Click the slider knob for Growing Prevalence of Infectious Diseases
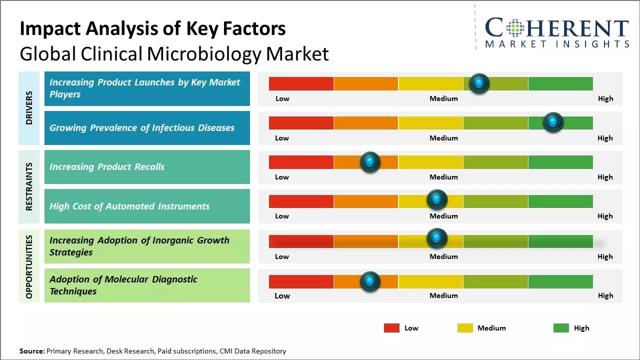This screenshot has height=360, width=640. tap(553, 122)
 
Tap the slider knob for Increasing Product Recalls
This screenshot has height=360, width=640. tap(370, 162)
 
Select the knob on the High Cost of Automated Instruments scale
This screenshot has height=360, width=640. tap(437, 200)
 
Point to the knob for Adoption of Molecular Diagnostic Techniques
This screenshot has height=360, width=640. tap(370, 282)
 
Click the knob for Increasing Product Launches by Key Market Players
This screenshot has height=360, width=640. tap(479, 83)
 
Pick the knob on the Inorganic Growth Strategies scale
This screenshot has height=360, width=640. tap(437, 238)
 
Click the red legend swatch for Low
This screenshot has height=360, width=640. tap(391, 328)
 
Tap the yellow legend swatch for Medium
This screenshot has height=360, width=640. tap(465, 328)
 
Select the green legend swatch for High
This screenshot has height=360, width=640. tap(561, 328)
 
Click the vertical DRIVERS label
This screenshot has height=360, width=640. tap(29, 108)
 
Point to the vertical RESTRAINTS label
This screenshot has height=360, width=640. tap(29, 186)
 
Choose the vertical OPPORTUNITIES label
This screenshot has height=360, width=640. tap(29, 266)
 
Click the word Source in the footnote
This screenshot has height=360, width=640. tap(31, 351)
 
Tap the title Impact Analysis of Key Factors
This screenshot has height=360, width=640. tap(152, 29)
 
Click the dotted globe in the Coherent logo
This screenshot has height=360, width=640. tap(515, 28)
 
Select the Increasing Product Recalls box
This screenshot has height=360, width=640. tap(147, 167)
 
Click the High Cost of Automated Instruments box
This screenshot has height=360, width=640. tap(147, 206)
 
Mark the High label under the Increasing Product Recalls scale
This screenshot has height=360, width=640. tap(605, 177)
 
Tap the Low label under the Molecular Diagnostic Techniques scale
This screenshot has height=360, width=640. tap(282, 295)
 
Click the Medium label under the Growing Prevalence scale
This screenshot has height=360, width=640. tap(443, 138)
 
